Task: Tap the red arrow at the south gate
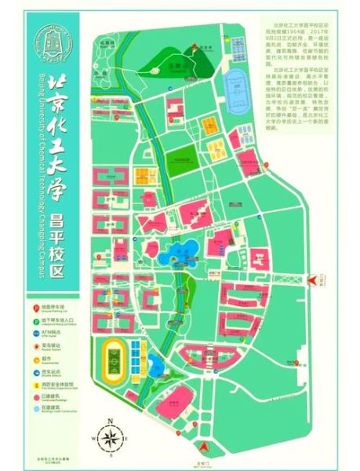pos(205,448)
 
